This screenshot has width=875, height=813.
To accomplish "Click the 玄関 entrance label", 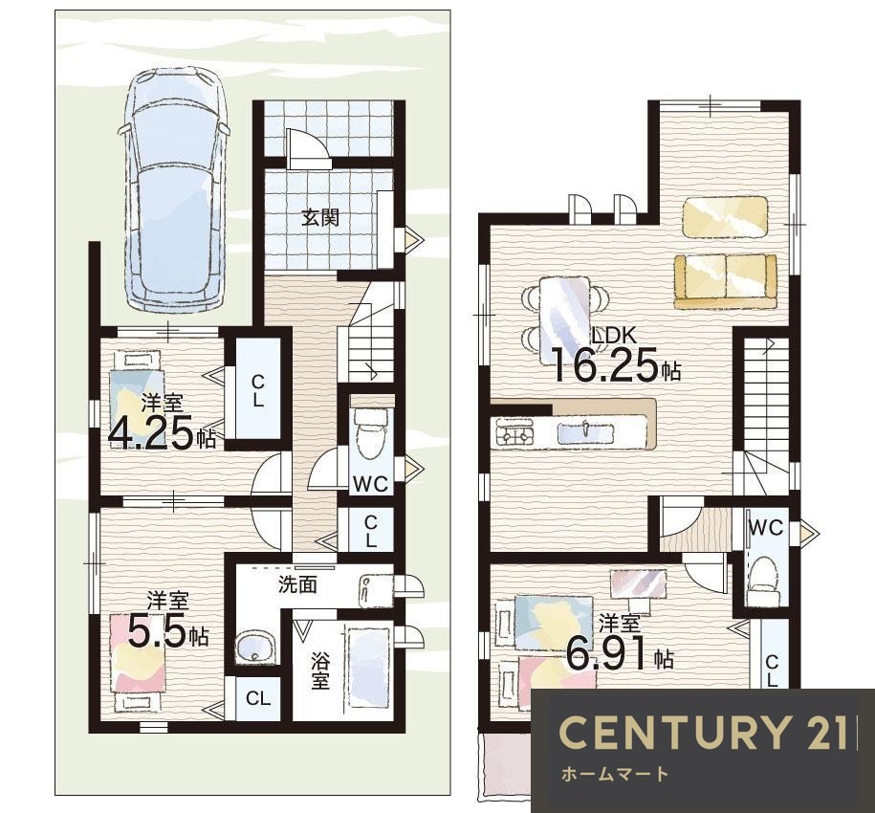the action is pos(320,217).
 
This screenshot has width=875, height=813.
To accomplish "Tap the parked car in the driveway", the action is pos(174,188).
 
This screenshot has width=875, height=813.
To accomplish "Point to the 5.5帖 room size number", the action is pos(168,630).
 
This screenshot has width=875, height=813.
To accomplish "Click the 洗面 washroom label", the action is pos(297,584).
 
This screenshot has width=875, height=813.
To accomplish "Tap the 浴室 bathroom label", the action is pos(319,670).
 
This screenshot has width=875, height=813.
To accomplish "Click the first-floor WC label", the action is pos(370,484).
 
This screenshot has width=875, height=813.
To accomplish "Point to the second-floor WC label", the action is pos(766,527).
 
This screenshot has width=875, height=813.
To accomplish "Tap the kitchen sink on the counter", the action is pos(585,432).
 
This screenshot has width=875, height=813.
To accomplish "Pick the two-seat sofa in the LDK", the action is pos(725,282).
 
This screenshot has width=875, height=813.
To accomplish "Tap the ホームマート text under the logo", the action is pos(614,774).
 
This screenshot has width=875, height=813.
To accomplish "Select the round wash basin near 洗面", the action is pos(255,647).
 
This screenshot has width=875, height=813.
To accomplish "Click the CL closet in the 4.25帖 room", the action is pos(258,390).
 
